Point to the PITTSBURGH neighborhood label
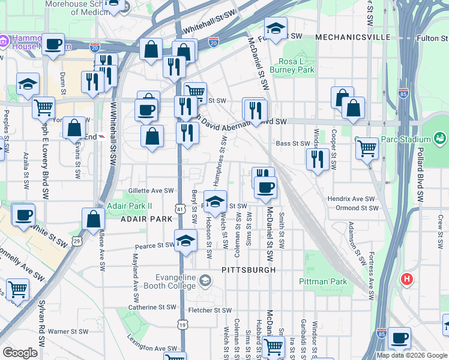[x=248, y=270]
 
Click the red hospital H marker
[x=407, y=279]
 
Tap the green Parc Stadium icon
[x=441, y=139]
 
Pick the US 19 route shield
[x=182, y=325]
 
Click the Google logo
[x=19, y=353]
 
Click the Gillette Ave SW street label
[x=151, y=191]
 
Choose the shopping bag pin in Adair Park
[x=94, y=220]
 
